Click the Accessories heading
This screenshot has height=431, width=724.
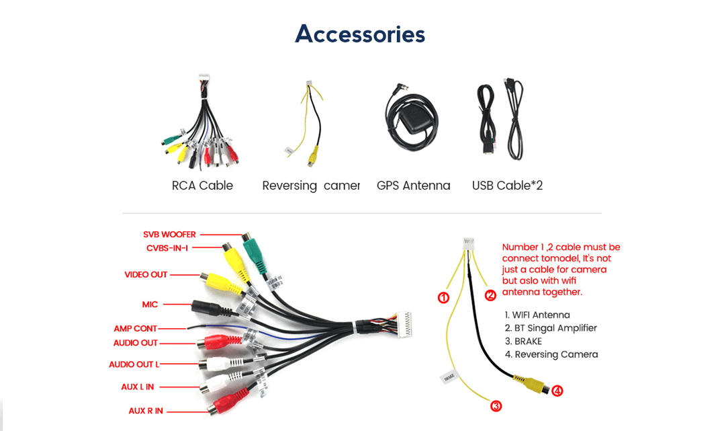(x=360, y=34)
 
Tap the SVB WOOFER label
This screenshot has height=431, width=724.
(x=169, y=235)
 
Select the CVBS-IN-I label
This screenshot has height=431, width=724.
(x=167, y=248)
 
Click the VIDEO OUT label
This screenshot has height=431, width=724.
(x=146, y=274)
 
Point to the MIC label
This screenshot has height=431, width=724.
(x=150, y=305)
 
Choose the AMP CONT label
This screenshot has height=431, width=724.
(x=136, y=329)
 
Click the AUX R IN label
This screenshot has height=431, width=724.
(x=146, y=411)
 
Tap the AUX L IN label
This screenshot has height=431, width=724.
(x=138, y=387)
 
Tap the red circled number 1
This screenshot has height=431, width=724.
(x=443, y=297)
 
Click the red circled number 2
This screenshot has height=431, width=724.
(x=491, y=295)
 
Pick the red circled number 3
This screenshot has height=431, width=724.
(x=496, y=405)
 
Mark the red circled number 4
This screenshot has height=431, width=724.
(x=557, y=390)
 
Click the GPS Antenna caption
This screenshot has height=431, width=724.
(x=413, y=186)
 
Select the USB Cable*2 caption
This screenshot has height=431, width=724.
(x=507, y=186)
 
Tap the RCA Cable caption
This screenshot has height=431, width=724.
(x=202, y=186)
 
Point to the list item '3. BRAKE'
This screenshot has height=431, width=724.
(x=523, y=342)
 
